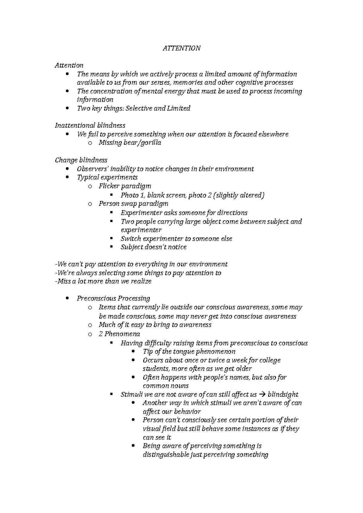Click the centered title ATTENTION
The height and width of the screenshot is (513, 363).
coord(181,48)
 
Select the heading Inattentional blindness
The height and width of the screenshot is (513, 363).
coord(90,125)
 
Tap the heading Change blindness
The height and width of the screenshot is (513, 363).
coord(81,160)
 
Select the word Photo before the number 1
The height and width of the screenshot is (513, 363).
coord(129,195)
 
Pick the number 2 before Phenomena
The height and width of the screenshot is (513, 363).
coord(100,334)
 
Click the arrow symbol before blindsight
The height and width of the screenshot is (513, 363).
coord(262,395)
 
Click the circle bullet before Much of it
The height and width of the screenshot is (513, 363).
coord(90,325)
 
